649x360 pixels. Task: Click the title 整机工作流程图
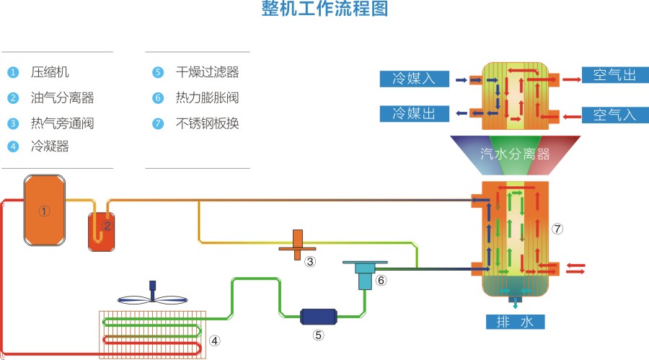tap(324, 10)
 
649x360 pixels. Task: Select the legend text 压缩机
tap(50, 72)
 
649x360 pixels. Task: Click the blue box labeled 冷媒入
tap(414, 79)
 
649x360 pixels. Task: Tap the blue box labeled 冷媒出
tap(414, 113)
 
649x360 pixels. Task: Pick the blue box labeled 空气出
tap(614, 76)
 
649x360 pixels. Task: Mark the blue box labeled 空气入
tap(614, 114)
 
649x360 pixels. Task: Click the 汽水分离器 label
tap(516, 154)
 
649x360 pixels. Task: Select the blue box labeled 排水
tap(515, 322)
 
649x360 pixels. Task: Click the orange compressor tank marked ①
tap(45, 210)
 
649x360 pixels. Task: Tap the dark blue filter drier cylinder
tap(318, 316)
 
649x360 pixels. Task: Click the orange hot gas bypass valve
tap(297, 245)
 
